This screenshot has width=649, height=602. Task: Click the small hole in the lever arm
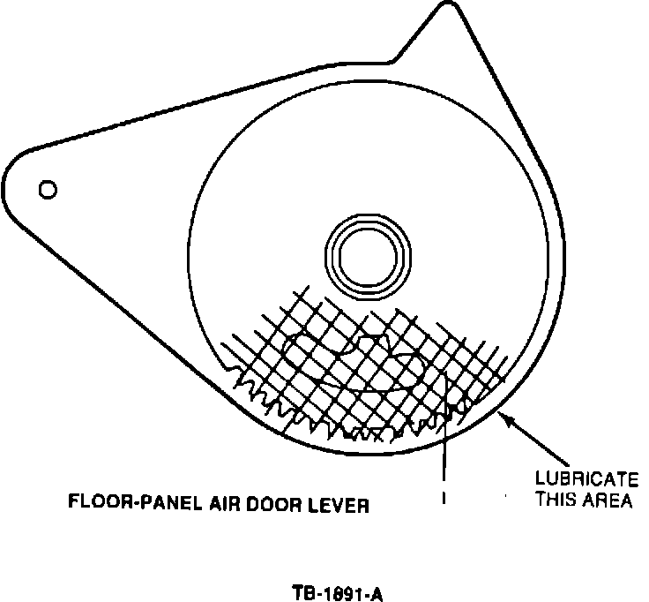pyautogui.click(x=48, y=189)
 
